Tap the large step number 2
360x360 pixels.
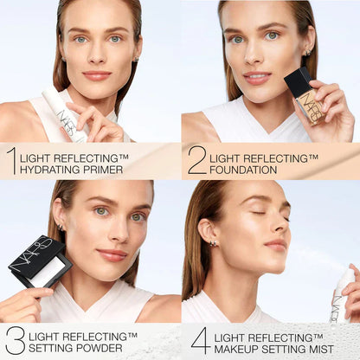(196, 160)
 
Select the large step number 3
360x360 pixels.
(14, 340)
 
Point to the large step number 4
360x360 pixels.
(200, 340)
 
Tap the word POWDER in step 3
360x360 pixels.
(94, 349)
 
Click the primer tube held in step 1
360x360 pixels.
(68, 116)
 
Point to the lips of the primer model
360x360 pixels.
(97, 75)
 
